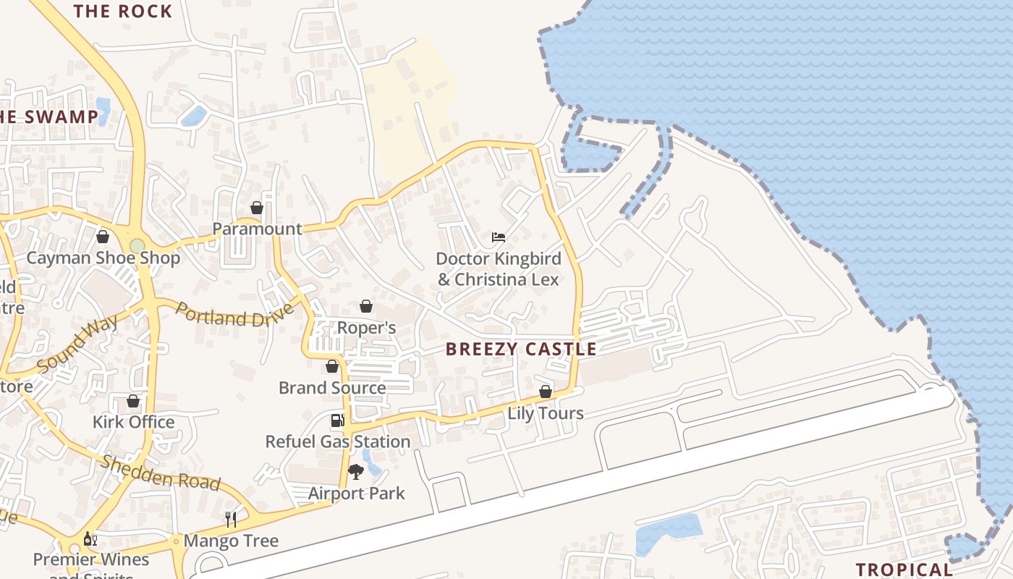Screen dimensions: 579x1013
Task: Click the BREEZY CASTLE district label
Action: [x=521, y=349]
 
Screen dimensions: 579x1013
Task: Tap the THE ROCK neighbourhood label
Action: [x=123, y=11]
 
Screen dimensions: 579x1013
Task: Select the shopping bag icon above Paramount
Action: [x=257, y=208]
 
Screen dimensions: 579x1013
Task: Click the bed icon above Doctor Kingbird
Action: [x=498, y=237]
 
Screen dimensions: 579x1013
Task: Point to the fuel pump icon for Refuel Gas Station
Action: [x=337, y=420]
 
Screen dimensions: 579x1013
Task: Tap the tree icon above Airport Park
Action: [x=355, y=472]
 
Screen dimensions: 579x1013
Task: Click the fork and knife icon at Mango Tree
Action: [x=231, y=520]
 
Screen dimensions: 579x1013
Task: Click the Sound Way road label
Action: [x=77, y=344]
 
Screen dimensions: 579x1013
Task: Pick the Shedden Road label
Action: [x=161, y=473]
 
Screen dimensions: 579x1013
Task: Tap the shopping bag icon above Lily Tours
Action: [x=546, y=392]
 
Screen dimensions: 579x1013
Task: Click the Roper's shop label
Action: [x=367, y=328]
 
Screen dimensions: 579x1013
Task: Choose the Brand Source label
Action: [x=332, y=387]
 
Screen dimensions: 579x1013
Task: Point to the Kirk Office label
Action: [x=133, y=422]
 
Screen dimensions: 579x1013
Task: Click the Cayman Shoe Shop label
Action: [x=103, y=258]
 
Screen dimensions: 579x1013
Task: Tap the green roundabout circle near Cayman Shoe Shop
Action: [x=137, y=246]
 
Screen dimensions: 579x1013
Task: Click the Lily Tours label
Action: [x=546, y=413]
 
